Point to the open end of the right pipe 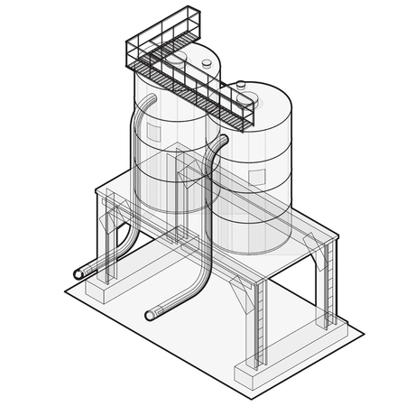tap(151, 315)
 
